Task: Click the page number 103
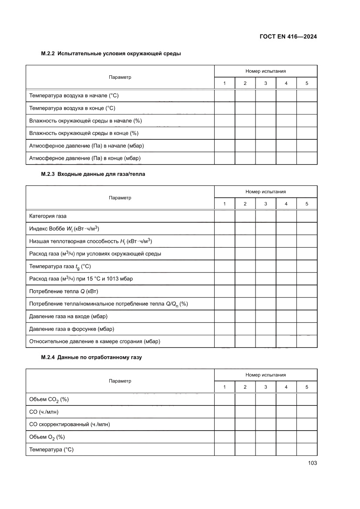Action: click(x=312, y=463)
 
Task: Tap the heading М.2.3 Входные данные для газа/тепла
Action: click(x=93, y=174)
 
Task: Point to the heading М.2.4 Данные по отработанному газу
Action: click(x=91, y=357)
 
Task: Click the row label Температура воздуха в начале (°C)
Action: click(x=74, y=95)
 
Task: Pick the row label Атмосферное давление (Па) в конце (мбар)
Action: click(x=85, y=158)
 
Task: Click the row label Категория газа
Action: click(x=48, y=216)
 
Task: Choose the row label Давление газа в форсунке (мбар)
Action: click(x=71, y=329)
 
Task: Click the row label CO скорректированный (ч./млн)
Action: click(x=69, y=424)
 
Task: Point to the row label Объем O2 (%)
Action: click(x=47, y=437)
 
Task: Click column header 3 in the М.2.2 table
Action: click(x=266, y=83)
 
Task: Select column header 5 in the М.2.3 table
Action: click(x=307, y=204)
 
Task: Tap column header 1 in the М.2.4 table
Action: click(x=225, y=387)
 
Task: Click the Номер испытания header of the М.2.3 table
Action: click(x=266, y=191)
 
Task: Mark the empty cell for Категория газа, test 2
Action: click(x=245, y=216)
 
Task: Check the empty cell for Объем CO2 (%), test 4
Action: click(x=286, y=399)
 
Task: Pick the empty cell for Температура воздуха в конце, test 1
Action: click(x=225, y=108)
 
